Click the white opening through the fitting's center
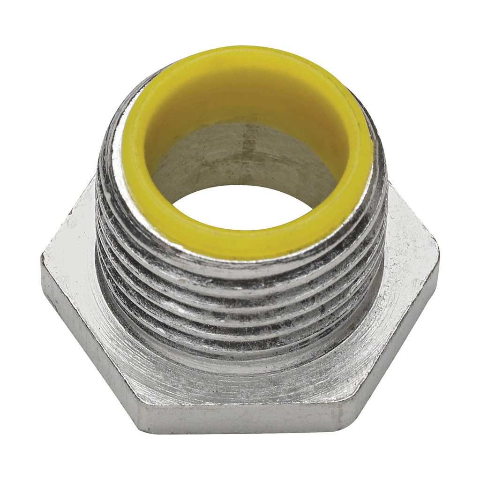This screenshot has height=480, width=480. click(242, 207)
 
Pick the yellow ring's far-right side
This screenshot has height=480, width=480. click(361, 155)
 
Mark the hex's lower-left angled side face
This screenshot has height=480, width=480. click(89, 347)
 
